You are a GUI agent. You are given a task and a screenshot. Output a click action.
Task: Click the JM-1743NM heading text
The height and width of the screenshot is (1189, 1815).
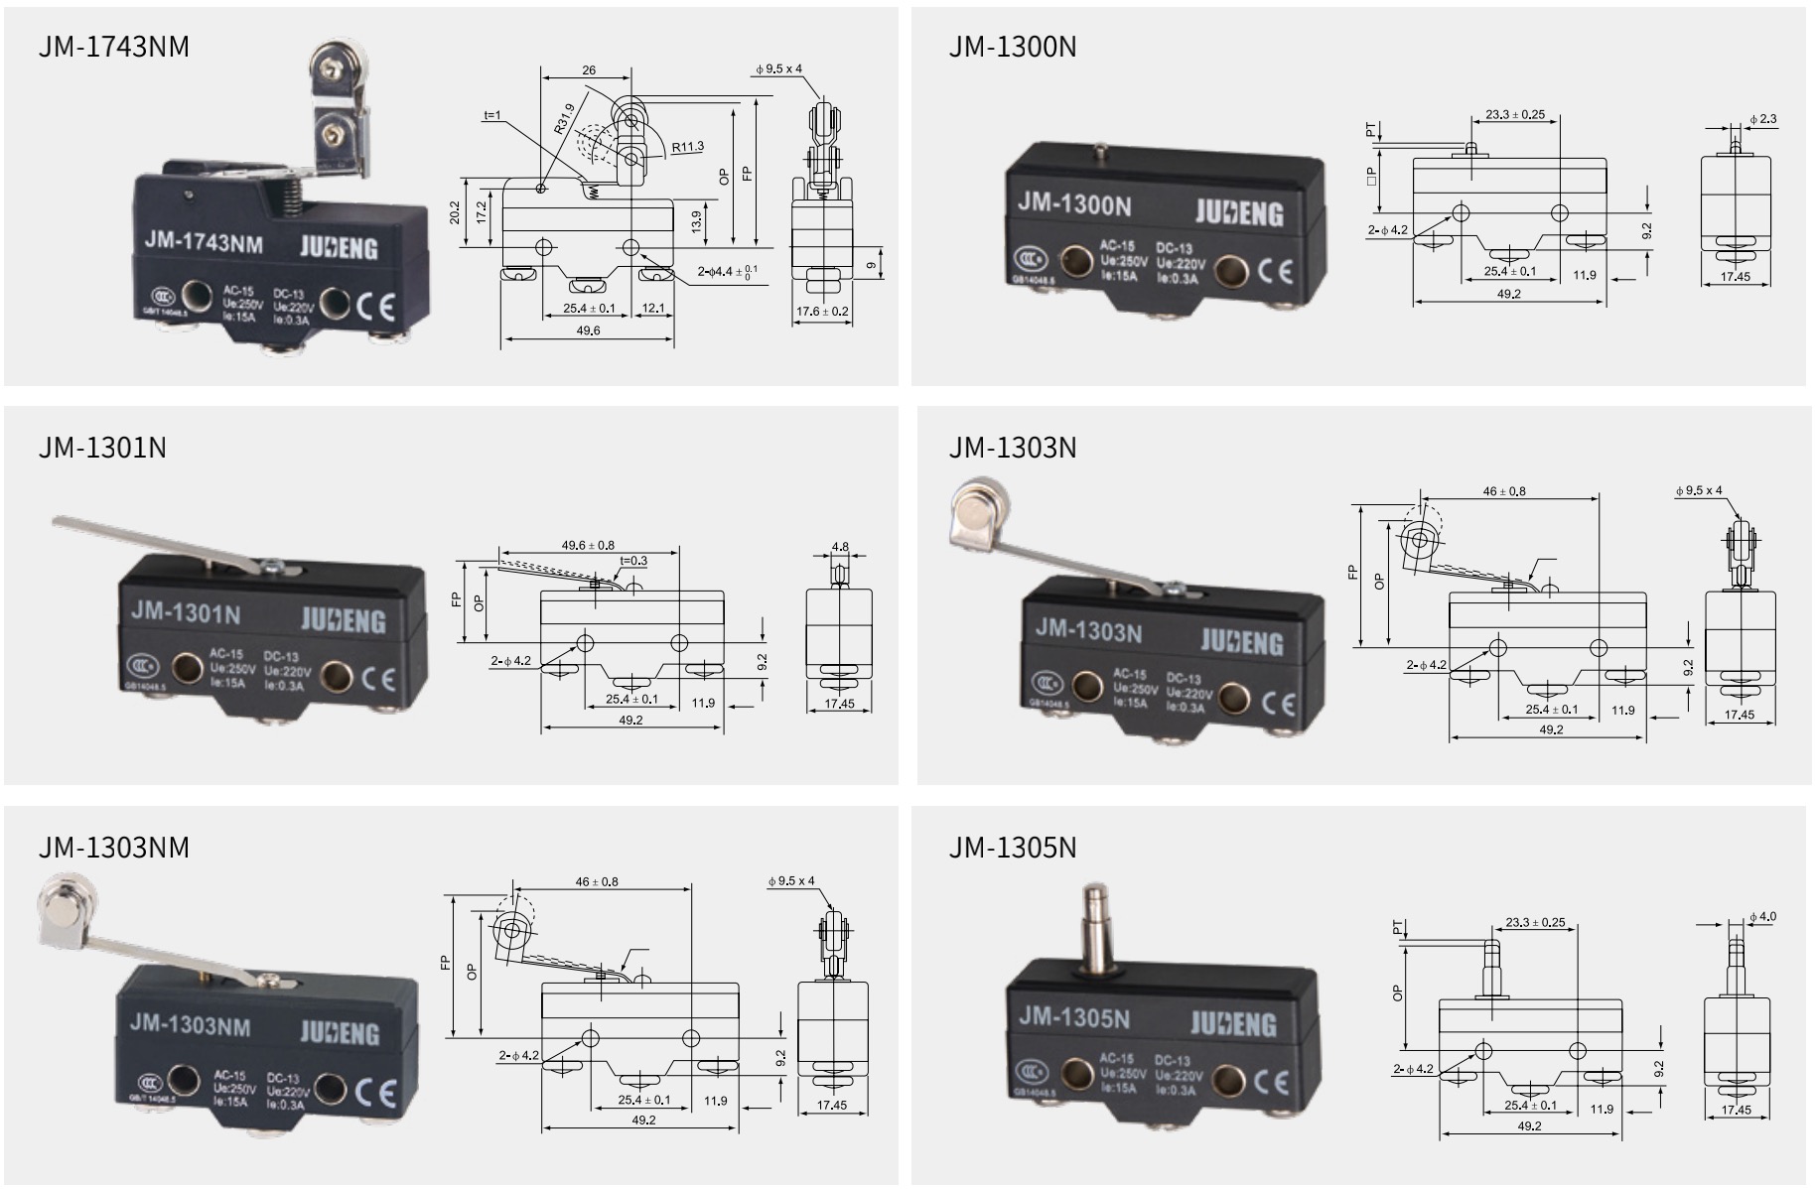(114, 47)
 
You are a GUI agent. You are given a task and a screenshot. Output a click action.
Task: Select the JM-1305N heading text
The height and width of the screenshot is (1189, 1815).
(1012, 847)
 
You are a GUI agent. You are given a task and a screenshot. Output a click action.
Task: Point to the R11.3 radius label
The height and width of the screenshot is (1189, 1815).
(687, 147)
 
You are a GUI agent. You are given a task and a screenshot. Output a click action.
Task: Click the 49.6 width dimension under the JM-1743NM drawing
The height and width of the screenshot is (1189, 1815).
(588, 330)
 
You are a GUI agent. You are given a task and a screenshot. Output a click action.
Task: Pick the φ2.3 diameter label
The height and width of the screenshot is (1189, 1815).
(1763, 119)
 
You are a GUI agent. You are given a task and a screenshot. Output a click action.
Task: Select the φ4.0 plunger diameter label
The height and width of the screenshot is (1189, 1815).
(1762, 916)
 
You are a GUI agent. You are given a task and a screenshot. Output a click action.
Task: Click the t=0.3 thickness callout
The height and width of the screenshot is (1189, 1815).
(633, 561)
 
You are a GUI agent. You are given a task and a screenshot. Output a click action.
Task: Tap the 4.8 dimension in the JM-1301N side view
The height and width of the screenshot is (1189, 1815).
(840, 547)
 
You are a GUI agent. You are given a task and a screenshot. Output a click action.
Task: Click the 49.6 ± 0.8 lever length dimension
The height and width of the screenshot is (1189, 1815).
(588, 545)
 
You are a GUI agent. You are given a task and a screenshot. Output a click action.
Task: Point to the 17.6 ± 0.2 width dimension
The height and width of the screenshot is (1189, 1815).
(822, 312)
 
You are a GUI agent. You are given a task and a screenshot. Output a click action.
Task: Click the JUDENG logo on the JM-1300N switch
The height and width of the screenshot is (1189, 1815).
(1238, 212)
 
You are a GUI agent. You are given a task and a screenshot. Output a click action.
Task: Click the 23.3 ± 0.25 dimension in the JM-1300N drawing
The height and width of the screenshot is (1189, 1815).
(1515, 115)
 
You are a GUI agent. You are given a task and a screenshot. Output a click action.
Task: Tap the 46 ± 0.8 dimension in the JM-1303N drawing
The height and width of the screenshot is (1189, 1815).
(1504, 491)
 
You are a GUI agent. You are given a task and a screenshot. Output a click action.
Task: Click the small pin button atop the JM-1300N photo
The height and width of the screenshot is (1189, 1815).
(1099, 152)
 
